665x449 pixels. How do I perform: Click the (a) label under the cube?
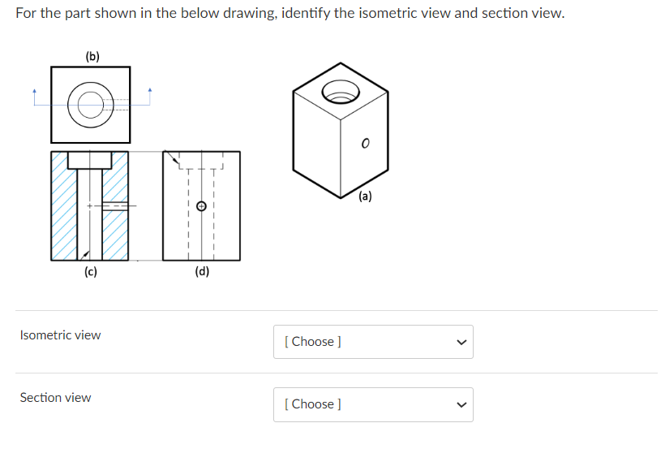(x=365, y=196)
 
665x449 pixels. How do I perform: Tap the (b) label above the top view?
(x=92, y=56)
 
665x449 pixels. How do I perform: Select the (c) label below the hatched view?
(x=90, y=272)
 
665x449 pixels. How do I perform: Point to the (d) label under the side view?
(x=202, y=272)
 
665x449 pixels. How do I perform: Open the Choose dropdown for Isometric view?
(x=373, y=342)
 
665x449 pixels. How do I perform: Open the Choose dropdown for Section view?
(x=373, y=404)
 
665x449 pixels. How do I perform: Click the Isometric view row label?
(x=61, y=335)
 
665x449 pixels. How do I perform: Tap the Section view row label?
(x=56, y=398)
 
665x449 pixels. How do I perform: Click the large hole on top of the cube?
(x=341, y=91)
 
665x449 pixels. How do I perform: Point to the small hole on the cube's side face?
(x=365, y=144)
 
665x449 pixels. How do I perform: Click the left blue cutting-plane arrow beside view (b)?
(x=34, y=93)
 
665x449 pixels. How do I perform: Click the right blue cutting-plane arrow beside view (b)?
(x=150, y=93)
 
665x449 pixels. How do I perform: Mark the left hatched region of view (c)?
(x=64, y=207)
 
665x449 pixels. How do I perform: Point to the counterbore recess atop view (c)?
(x=89, y=159)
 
